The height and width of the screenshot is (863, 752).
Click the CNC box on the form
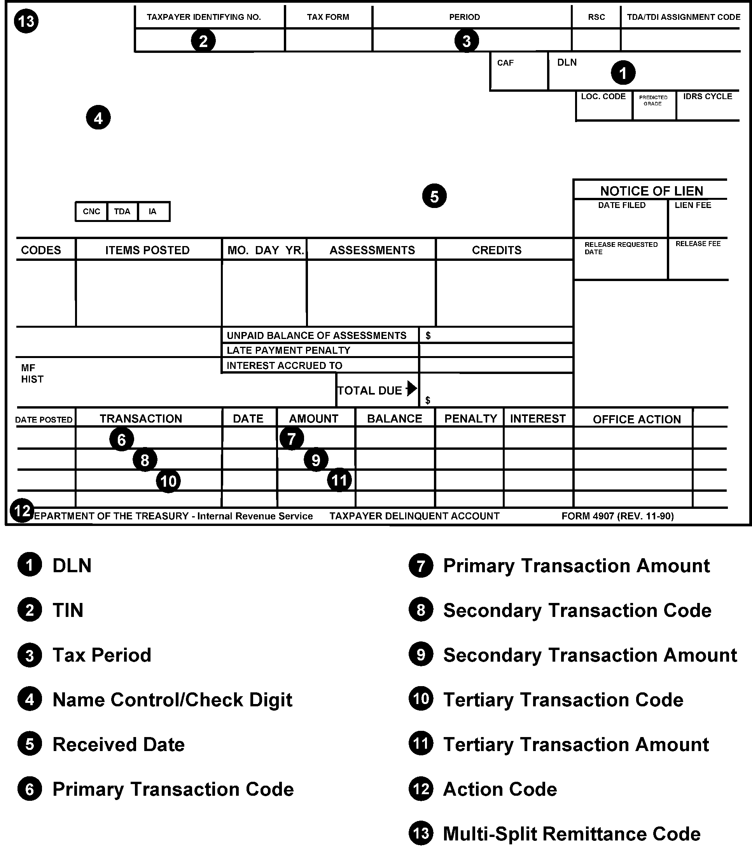91,211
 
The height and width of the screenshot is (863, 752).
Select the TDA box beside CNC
122,211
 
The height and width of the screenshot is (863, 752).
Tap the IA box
153,211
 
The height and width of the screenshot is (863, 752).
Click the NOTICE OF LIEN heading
651,191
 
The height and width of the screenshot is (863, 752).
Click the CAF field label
505,63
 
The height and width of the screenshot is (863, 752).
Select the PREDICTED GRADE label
653,100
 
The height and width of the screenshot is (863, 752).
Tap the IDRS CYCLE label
708,96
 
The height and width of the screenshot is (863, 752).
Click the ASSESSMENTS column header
372,250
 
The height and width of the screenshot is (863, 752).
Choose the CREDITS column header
497,250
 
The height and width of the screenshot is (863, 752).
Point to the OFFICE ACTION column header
636,419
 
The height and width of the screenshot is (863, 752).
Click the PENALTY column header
470,419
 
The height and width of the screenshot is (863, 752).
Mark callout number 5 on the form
434,196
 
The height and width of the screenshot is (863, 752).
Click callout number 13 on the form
26,21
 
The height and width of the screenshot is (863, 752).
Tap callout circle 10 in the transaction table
168,481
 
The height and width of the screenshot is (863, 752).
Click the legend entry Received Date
118,744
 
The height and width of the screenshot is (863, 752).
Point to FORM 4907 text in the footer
617,516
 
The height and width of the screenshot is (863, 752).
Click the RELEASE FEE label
698,244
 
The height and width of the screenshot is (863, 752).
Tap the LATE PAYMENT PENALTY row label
288,350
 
